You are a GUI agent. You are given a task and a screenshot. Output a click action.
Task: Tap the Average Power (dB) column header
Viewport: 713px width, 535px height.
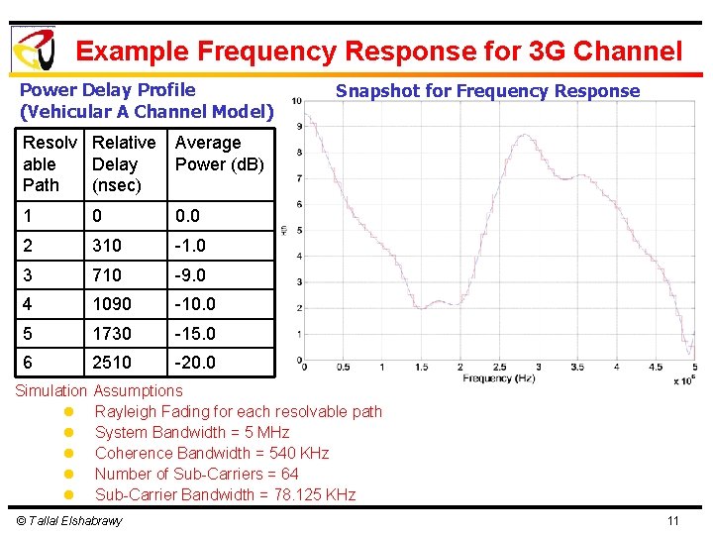click(x=219, y=154)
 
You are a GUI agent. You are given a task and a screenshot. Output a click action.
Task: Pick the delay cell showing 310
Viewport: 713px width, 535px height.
click(x=107, y=245)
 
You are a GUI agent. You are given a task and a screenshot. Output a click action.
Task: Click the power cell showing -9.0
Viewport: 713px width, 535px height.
click(x=192, y=274)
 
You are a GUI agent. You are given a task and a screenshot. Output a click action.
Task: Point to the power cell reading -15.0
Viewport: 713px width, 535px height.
click(x=196, y=334)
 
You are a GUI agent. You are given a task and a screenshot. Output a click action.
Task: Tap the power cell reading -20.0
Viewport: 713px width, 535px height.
click(x=196, y=363)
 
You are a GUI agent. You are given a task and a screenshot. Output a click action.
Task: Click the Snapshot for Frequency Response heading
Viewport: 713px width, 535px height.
click(x=487, y=91)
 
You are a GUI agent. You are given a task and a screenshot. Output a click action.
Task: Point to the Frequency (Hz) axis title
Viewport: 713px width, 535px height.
click(x=498, y=378)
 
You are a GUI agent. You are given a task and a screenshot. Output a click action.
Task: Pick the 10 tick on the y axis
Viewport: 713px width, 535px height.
click(x=296, y=100)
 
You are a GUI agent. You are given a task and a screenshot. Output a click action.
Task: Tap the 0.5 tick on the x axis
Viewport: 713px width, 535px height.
click(x=343, y=368)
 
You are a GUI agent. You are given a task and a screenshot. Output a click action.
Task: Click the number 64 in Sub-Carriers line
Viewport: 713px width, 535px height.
click(x=289, y=474)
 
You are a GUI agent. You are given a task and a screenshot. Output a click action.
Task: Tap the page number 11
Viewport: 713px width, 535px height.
click(x=673, y=521)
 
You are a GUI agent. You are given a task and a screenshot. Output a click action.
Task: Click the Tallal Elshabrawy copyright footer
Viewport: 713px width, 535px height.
click(x=69, y=521)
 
